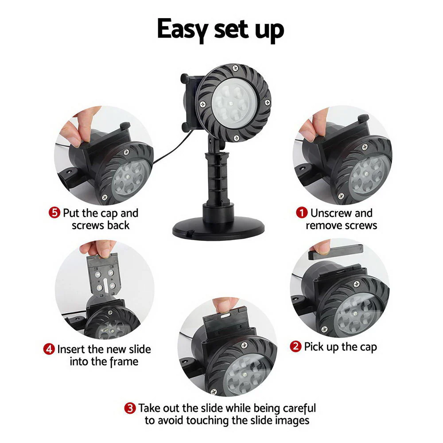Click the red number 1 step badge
coord(302,213)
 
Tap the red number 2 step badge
coord(295,346)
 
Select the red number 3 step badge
coord(130,408)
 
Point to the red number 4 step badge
coord(49,349)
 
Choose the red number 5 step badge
coord(54,213)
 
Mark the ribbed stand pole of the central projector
coord(217,177)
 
